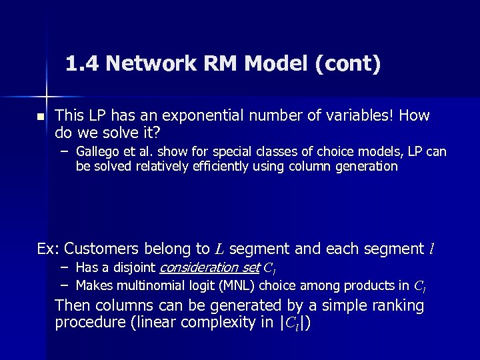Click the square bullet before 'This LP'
click(40, 117)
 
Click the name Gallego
click(97, 152)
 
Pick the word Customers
click(103, 249)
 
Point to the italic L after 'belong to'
click(221, 249)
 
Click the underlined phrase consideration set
click(208, 268)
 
